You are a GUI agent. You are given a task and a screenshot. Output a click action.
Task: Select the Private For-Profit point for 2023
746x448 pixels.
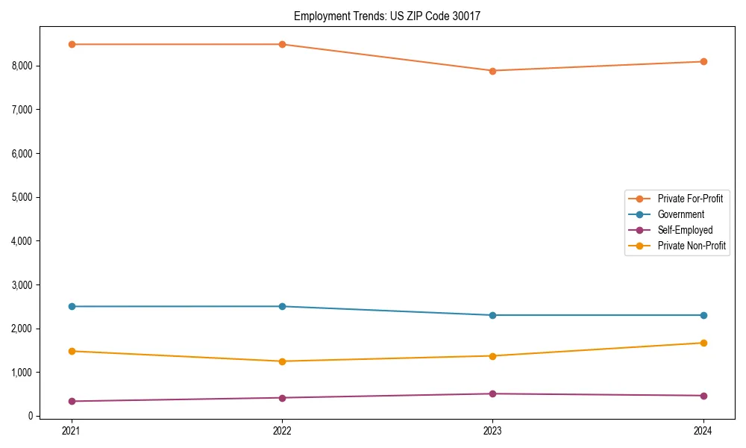coord(492,71)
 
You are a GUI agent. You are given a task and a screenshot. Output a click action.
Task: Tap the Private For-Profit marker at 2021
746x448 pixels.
coord(72,44)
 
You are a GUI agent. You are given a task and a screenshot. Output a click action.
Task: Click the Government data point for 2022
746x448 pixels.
coord(282,306)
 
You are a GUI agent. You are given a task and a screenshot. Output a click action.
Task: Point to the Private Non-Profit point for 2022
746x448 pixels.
coord(282,361)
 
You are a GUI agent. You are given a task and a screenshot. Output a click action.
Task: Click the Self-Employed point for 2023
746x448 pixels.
coord(492,393)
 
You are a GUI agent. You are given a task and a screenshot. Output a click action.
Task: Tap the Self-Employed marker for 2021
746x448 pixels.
coord(72,401)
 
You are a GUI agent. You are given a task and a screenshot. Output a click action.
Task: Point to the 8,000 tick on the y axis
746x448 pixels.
coord(22,66)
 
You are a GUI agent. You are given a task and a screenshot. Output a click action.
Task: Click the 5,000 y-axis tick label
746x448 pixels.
coord(22,197)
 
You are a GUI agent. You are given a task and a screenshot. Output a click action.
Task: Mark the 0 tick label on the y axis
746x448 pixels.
coord(30,416)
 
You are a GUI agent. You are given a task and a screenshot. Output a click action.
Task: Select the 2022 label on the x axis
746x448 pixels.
coord(282,430)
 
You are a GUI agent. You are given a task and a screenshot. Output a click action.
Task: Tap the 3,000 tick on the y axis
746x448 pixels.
coord(22,284)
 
